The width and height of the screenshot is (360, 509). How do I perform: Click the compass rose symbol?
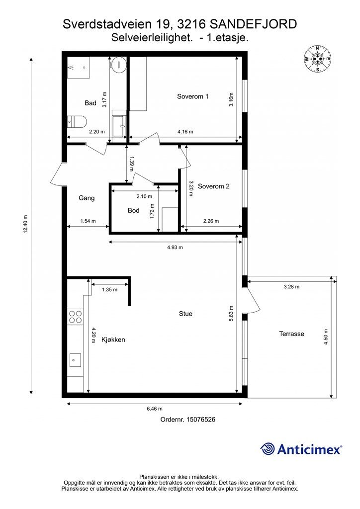[x=317, y=59]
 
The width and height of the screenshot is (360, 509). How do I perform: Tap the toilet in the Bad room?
[x=77, y=122]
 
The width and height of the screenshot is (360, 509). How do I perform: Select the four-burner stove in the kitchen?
[x=75, y=317]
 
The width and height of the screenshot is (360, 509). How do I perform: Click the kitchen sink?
[x=75, y=360]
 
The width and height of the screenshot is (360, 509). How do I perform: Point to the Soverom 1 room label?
[x=192, y=96]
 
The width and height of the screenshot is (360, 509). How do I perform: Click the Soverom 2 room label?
[x=213, y=186]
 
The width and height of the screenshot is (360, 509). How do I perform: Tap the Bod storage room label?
[x=133, y=210]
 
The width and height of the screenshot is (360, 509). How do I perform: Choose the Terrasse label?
[x=291, y=334]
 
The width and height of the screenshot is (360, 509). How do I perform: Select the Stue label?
[x=185, y=314]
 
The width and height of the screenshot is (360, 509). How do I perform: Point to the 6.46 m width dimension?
[x=155, y=409]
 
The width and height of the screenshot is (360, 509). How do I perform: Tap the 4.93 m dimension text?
[x=175, y=248]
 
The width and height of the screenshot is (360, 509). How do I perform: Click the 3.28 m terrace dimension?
[x=291, y=287]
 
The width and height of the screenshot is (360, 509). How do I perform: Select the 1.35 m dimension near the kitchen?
[x=110, y=290]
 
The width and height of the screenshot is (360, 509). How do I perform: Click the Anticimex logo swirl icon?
[x=268, y=449]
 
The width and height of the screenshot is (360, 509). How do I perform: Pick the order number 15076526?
[x=200, y=420]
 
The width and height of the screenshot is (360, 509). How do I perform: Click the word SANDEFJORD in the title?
[x=254, y=24]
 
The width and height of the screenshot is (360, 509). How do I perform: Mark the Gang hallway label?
[x=87, y=198]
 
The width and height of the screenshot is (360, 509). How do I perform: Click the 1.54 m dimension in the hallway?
[x=88, y=221]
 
